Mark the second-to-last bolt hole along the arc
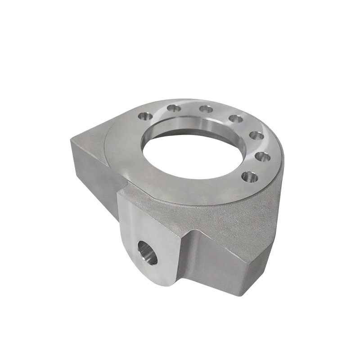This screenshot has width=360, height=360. (x=263, y=157)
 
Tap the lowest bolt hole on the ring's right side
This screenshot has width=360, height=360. (x=250, y=177)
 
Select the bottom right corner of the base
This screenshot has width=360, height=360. (x=243, y=295)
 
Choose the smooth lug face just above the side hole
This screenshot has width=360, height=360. (x=148, y=225)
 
